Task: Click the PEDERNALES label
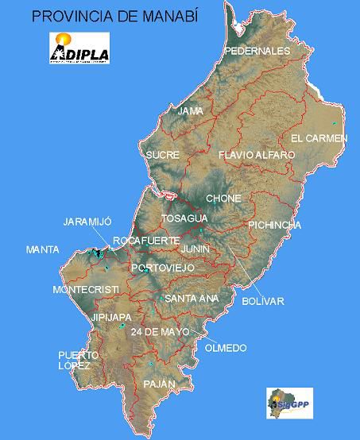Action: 257,51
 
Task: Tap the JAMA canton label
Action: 191,111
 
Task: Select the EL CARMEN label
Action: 319,138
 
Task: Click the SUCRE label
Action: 162,155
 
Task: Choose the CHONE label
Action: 223,199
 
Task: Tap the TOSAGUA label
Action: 184,218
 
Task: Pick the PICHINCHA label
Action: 274,225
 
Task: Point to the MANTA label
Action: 42,249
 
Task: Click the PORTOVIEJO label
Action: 162,268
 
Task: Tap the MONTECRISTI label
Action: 86,288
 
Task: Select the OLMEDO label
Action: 225,348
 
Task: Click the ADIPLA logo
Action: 79,48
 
